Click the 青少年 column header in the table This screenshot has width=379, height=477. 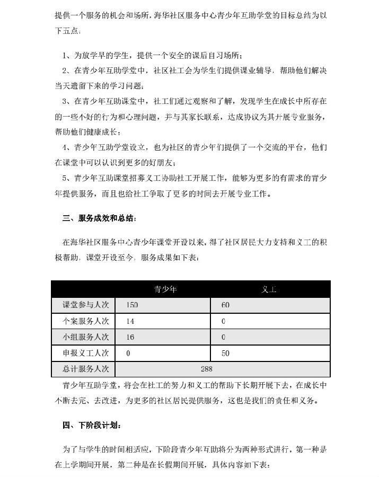pos(165,289)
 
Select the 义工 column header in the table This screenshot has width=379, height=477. pos(270,289)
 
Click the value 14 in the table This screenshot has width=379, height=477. pos(130,321)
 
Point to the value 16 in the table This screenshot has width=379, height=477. pos(130,337)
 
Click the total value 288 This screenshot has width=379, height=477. pos(206,368)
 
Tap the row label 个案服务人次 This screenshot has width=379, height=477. pos(85,321)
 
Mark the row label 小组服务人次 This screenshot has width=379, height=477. pos(85,337)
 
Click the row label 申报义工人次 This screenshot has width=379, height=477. pos(85,352)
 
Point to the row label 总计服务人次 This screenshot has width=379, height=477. pos(85,368)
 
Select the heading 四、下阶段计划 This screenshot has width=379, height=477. pos(91,425)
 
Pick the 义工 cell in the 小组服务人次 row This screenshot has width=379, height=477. pos(224,337)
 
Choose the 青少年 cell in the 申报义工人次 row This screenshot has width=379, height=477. pos(129,352)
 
